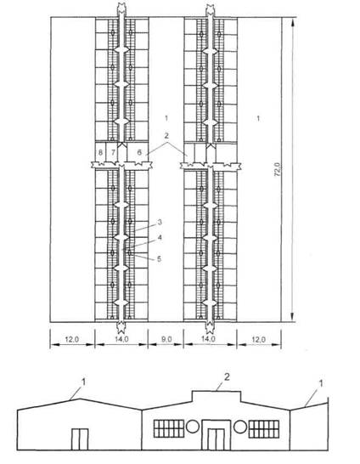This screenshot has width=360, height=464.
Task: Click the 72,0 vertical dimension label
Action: (278, 170)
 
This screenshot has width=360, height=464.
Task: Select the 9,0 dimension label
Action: (166, 339)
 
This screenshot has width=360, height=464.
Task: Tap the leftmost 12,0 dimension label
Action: (71, 339)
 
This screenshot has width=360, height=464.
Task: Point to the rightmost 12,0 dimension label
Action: (258, 339)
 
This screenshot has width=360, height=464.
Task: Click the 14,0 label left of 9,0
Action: (121, 339)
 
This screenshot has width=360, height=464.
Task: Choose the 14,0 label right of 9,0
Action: (208, 339)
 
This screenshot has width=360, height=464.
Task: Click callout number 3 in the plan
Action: (160, 222)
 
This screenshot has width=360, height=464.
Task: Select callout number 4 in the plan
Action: (160, 237)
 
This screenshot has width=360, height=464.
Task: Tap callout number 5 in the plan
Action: (159, 259)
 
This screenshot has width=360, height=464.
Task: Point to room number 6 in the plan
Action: (139, 153)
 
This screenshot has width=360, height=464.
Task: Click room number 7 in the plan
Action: (113, 153)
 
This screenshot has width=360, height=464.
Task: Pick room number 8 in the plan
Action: (100, 153)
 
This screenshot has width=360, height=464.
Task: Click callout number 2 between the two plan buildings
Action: (166, 135)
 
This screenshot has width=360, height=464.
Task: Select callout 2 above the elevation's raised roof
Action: (227, 377)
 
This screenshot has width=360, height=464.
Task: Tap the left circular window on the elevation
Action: (193, 427)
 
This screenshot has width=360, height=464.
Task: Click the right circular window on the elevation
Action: (240, 427)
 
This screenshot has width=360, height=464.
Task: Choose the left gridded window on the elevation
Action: (169, 429)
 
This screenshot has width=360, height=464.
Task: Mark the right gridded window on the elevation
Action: (264, 429)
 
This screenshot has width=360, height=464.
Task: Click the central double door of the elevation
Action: (216, 439)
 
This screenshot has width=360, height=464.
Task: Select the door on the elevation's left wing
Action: (80, 439)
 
